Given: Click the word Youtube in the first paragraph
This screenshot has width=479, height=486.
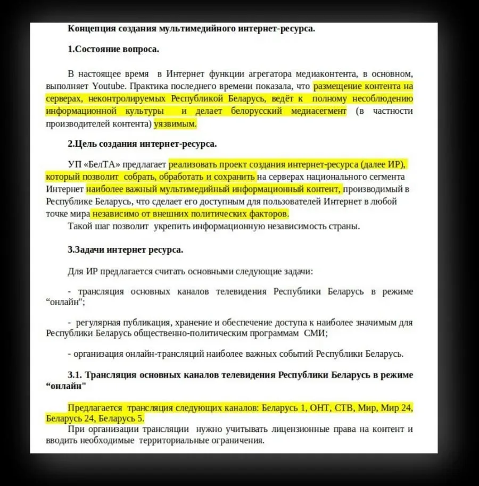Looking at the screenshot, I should tap(109, 86).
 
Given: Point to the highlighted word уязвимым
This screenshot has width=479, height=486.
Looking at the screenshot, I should tap(175, 124).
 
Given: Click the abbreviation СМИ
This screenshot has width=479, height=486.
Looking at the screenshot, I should tap(316, 333).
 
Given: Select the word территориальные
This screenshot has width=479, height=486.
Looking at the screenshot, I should tap(181, 440).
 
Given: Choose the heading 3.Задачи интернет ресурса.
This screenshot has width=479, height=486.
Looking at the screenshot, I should tap(125, 249).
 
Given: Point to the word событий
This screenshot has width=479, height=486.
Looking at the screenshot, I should tap(293, 354).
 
